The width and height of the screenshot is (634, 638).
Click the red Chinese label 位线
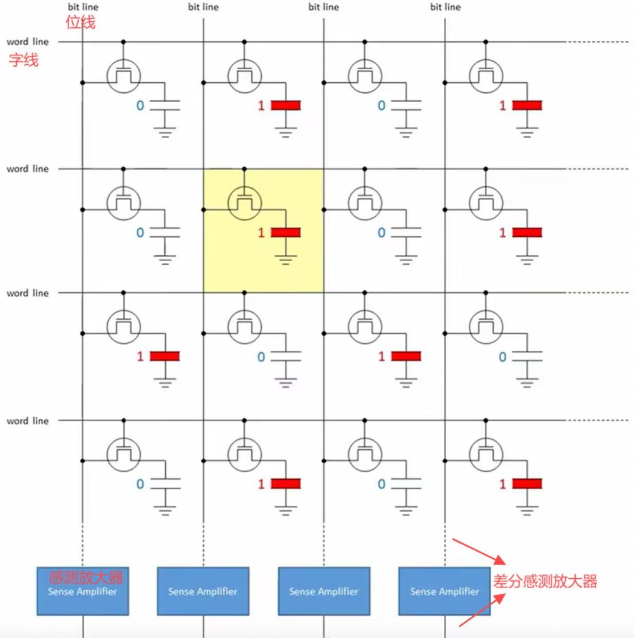pyautogui.click(x=80, y=22)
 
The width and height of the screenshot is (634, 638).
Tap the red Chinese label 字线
pyautogui.click(x=24, y=60)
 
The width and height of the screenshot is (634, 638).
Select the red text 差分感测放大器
pyautogui.click(x=545, y=581)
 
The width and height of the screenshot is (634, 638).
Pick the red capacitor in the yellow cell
pyautogui.click(x=286, y=232)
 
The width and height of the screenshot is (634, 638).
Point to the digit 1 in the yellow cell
pyautogui.click(x=261, y=233)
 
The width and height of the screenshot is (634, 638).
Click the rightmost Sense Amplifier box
pyautogui.click(x=444, y=591)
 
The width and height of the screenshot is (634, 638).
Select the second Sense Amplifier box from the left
pyautogui.click(x=203, y=591)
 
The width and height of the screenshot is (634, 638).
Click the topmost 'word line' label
pyautogui.click(x=27, y=42)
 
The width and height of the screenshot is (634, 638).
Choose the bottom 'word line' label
pyautogui.click(x=27, y=421)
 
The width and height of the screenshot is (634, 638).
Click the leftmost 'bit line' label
pyautogui.click(x=83, y=7)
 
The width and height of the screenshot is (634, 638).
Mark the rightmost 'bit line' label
pyautogui.click(x=445, y=7)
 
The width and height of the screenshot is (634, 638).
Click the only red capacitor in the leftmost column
pyautogui.click(x=165, y=356)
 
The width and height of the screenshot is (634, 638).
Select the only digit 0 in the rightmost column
pyautogui.click(x=502, y=357)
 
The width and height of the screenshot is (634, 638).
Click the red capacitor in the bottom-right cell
pyautogui.click(x=527, y=483)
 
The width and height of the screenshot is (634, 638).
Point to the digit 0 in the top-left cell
pyautogui.click(x=140, y=106)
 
